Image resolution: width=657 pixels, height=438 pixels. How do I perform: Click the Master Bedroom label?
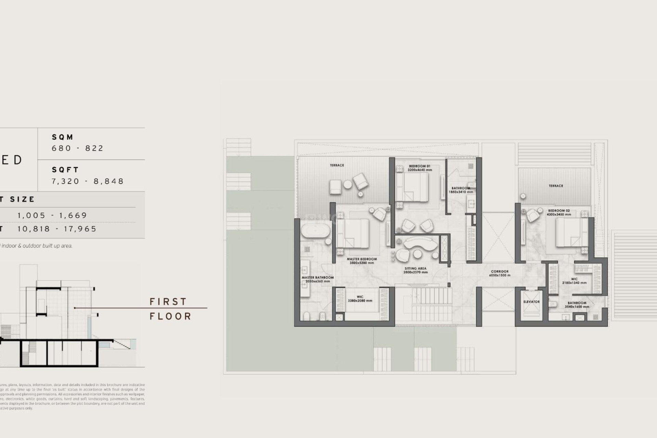point(362,259)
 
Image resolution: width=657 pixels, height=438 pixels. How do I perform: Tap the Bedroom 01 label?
point(420,166)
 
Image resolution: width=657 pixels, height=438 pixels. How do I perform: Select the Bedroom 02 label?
point(559,211)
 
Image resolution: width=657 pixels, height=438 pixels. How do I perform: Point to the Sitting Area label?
point(415,269)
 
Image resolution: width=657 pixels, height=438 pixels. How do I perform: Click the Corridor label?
point(500,272)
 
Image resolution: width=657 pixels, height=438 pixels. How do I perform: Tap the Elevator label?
point(531,302)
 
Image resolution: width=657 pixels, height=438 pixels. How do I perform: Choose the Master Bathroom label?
point(318,278)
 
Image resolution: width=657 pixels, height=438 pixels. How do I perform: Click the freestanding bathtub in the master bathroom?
point(315,231)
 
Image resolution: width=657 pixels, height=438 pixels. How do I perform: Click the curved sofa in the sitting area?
point(421,244)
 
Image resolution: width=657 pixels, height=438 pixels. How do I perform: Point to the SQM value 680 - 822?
point(78,148)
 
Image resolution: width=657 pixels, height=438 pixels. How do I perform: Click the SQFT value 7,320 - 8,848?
point(88,181)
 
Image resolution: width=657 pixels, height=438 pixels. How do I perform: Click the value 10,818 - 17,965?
point(57,229)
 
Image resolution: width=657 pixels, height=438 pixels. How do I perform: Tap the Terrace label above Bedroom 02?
point(556,186)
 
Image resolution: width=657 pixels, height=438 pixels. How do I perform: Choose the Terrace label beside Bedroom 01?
point(337,165)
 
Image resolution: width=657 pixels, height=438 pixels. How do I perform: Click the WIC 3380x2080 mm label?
point(360,299)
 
